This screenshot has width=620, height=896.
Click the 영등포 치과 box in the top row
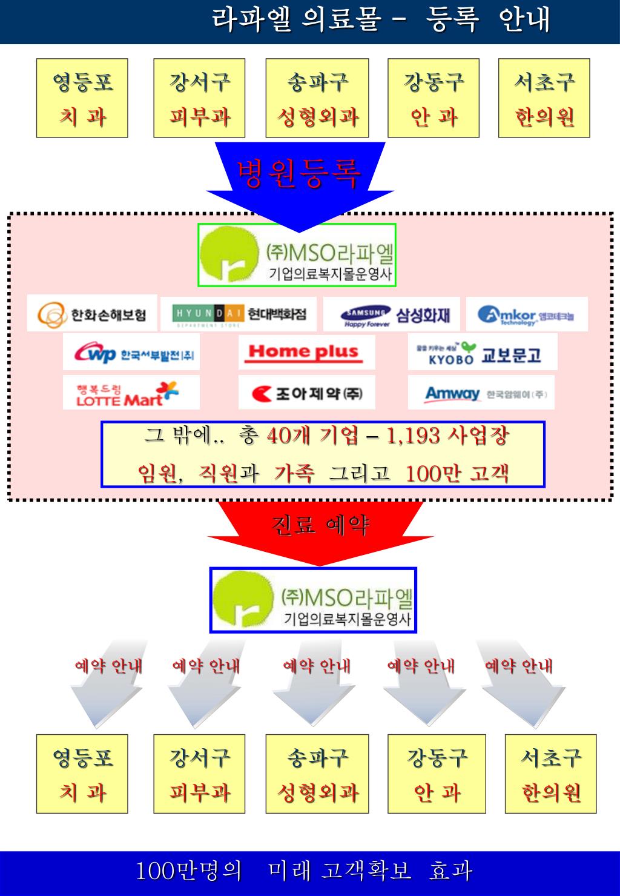coord(82,98)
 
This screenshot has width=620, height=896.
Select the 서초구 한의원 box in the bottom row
coord(550,774)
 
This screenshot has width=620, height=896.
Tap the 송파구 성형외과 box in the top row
coord(317,98)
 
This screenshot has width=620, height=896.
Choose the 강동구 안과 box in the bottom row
coord(437,774)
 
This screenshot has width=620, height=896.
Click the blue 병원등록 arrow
coord(299,176)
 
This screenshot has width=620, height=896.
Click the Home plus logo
coord(306,352)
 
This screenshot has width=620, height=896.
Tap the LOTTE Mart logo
coord(131,393)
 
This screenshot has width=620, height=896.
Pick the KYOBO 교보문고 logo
coord(483,353)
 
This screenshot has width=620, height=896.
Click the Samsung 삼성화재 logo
coord(392,314)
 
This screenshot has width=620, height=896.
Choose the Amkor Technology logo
coord(527,314)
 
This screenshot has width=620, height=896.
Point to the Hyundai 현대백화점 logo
coord(239,314)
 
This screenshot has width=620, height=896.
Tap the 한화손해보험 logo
coord(92,314)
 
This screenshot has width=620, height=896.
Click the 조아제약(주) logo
coord(306,393)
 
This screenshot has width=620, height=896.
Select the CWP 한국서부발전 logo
coord(131,353)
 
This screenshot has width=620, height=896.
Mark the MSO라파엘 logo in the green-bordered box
coord(297,255)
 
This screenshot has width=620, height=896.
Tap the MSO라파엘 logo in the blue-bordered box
coord(313,600)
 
